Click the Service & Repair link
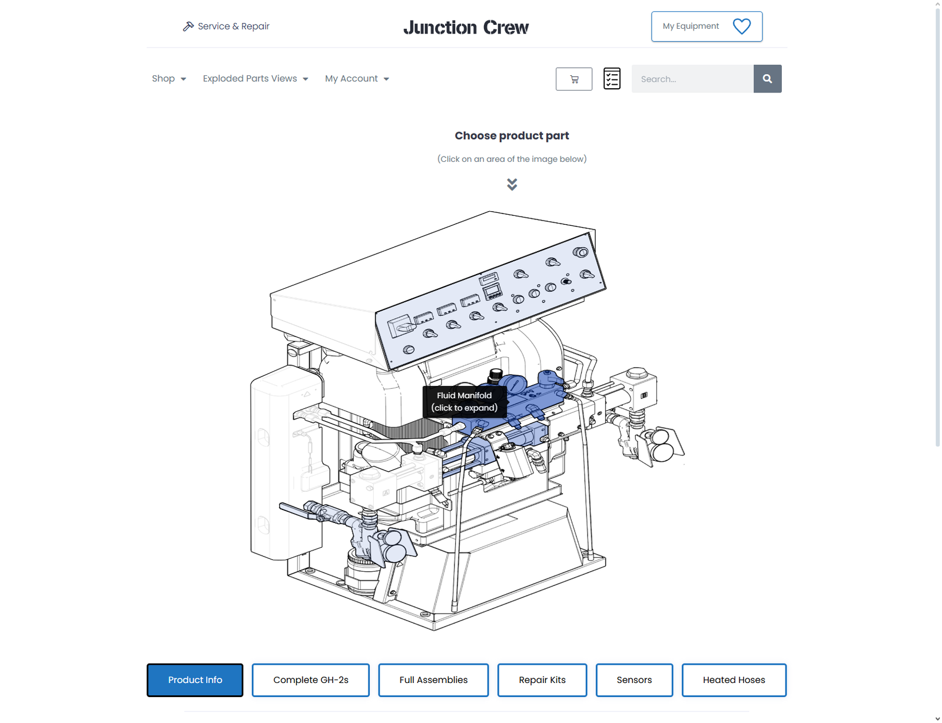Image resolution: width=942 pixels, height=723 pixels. [x=226, y=26]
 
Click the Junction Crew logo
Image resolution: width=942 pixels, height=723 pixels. [x=466, y=27]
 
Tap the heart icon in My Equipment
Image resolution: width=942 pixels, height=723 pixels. [x=742, y=26]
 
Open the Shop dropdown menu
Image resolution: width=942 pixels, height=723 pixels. [x=168, y=79]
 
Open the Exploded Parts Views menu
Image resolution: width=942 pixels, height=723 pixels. [x=256, y=79]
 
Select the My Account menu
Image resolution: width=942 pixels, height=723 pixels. [x=357, y=79]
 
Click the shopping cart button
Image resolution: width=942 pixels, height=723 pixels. [x=574, y=79]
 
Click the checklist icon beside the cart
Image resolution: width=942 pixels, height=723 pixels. [x=612, y=79]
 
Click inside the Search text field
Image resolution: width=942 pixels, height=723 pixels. [x=692, y=79]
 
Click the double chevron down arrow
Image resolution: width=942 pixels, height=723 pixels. [x=512, y=185]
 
